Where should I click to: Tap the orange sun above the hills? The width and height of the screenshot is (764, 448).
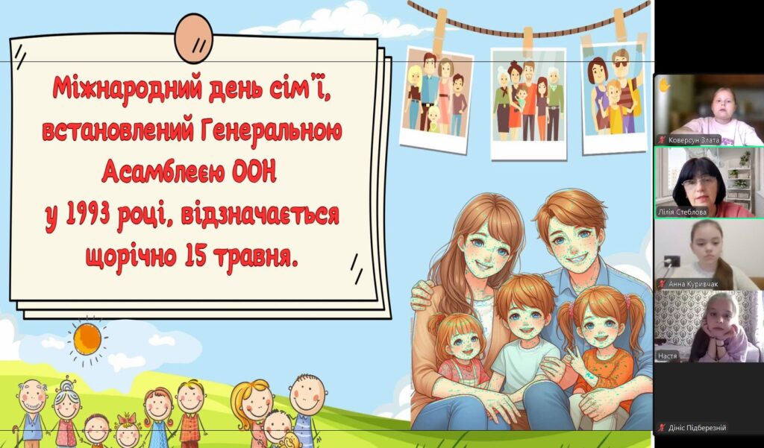click(x=87, y=339)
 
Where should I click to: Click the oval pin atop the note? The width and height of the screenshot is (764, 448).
click(x=194, y=38)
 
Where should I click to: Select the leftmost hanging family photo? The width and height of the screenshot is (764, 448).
click(x=436, y=99)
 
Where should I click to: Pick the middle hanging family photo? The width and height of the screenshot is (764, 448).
click(x=529, y=104)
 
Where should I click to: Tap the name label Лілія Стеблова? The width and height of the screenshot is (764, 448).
click(x=682, y=212)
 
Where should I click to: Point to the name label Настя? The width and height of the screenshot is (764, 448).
click(x=667, y=356)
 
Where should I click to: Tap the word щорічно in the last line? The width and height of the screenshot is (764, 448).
click(x=131, y=256)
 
